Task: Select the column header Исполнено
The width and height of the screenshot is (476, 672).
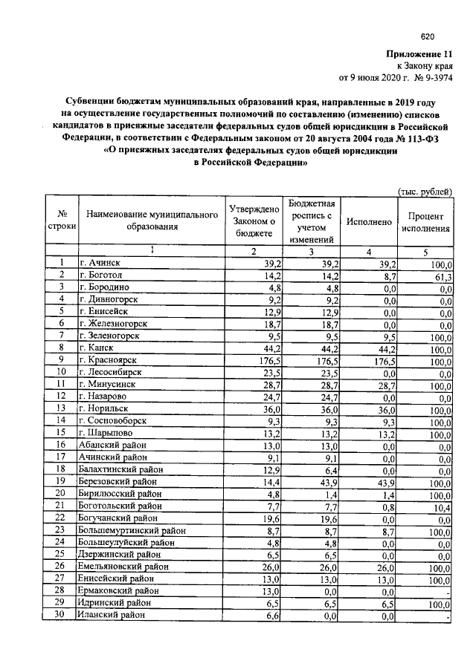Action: (368, 222)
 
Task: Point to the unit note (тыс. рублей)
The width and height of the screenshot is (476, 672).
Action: (425, 192)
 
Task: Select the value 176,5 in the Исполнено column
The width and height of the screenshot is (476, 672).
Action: (385, 360)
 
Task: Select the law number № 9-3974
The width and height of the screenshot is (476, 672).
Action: (428, 76)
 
